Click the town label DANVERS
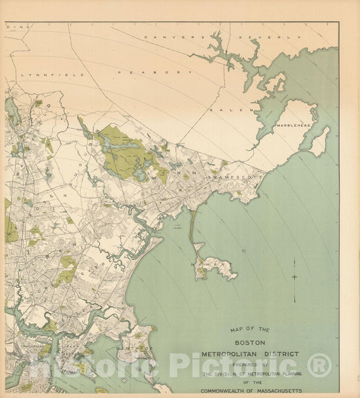click(174, 38)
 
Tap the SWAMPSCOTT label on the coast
click(230, 176)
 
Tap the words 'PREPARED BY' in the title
click(251, 366)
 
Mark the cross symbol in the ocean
click(294, 276)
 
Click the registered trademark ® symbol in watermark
click(319, 366)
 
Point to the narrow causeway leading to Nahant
click(192, 230)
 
